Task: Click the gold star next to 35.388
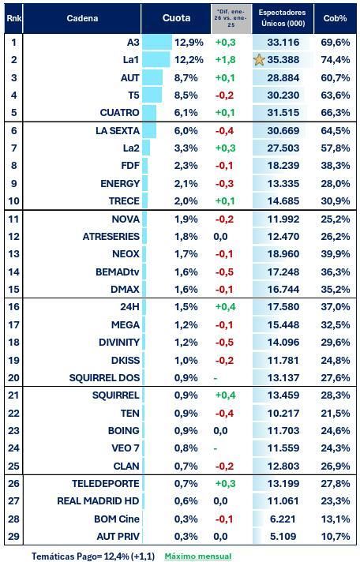(259, 59)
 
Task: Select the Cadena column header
(83, 18)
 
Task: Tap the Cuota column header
(176, 18)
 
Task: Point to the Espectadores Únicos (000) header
(282, 18)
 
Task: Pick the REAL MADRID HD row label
(99, 500)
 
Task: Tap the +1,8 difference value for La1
(227, 59)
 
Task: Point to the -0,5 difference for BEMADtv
(224, 272)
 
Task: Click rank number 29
(14, 537)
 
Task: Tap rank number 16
(14, 307)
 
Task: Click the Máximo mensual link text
(197, 556)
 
